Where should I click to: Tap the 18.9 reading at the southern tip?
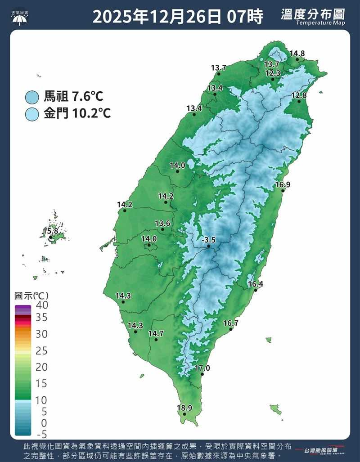point(184,408)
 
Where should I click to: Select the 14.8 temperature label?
point(297,54)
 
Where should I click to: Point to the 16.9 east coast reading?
point(283,184)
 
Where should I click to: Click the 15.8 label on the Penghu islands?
point(50,231)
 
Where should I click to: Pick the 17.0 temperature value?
point(202,368)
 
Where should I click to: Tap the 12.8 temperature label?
point(299,95)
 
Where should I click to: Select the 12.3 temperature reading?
point(273,73)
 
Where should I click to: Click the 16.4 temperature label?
point(255,284)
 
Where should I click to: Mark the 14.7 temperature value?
point(156,333)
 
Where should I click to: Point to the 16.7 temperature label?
point(230,323)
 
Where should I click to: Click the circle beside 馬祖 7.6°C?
point(32,96)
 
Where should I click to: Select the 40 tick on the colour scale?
point(41,305)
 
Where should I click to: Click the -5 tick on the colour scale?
point(41,435)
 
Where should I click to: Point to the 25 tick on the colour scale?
point(41,351)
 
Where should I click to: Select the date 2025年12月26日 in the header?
point(157,17)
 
